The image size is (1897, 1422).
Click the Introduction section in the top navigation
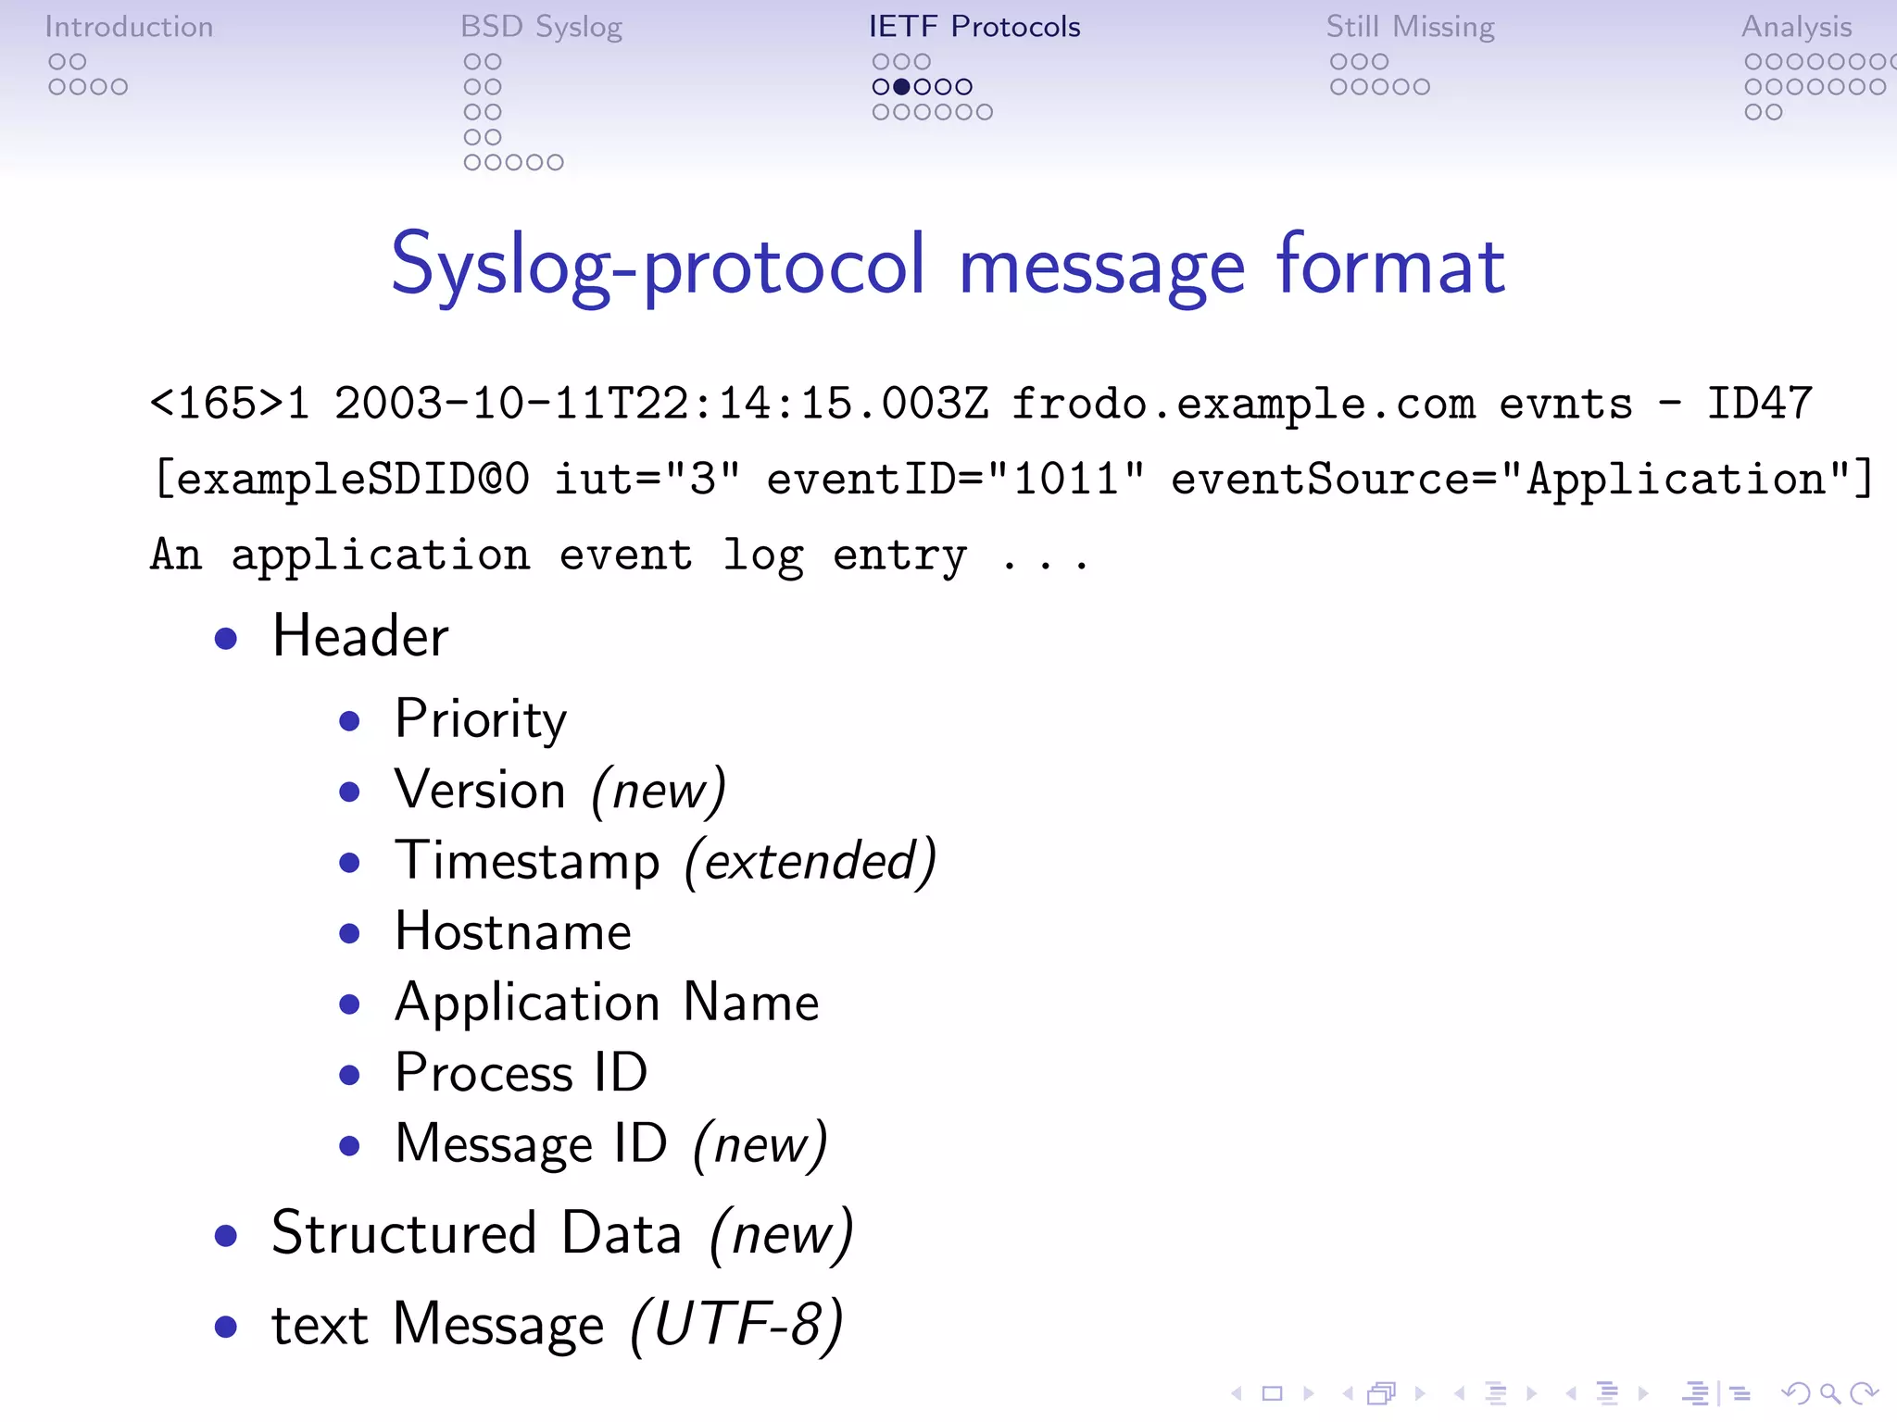pos(129,27)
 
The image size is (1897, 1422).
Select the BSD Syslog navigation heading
pos(541,27)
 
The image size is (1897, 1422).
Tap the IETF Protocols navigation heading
pos(974,27)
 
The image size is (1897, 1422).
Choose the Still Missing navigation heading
pos(1410,27)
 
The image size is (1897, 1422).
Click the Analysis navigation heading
pos(1796,27)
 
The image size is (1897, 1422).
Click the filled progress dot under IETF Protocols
pos(901,87)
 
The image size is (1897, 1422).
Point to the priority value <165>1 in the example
pos(229,404)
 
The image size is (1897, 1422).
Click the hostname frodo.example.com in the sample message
pos(1243,404)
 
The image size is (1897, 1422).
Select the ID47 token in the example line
pos(1759,404)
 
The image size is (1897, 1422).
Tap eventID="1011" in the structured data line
pos(956,480)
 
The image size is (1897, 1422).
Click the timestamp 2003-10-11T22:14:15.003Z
pos(660,404)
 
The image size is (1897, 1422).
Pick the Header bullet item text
pos(360,637)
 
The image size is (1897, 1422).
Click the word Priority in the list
pos(481,719)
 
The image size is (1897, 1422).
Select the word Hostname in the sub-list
pos(513,931)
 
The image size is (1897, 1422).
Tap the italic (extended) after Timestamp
pos(810,861)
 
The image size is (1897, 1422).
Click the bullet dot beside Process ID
pos(349,1075)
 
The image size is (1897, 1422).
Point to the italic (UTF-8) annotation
pos(737,1325)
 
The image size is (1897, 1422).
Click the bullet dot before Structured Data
pos(226,1235)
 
